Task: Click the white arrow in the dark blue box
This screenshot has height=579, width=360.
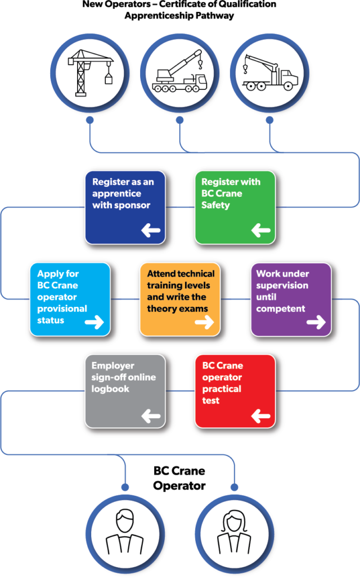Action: (x=151, y=230)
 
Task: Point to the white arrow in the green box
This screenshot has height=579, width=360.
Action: (x=260, y=230)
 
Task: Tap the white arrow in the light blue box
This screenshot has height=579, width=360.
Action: (x=94, y=322)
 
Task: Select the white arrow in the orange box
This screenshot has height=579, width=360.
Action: (x=204, y=322)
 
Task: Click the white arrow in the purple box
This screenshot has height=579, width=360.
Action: (x=316, y=322)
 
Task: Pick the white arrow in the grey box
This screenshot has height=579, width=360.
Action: (x=151, y=416)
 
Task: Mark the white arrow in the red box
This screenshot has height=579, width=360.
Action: (x=260, y=416)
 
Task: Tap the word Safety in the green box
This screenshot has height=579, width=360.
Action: (x=215, y=205)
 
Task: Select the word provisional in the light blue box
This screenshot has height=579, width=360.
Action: (x=62, y=309)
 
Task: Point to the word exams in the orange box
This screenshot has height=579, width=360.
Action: (x=194, y=309)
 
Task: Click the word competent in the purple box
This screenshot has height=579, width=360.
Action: (x=281, y=309)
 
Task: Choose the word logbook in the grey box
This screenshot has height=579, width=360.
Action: (x=110, y=389)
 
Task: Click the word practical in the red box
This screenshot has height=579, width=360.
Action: (x=222, y=389)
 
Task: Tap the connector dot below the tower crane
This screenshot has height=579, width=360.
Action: (x=89, y=120)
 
